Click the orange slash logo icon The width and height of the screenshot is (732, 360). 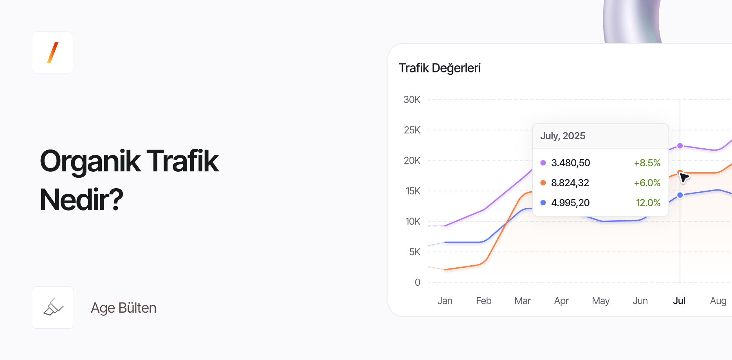(x=53, y=52)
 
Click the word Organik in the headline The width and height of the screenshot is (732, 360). (x=90, y=161)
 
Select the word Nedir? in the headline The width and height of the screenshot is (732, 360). (x=81, y=200)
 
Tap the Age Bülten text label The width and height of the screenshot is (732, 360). (x=123, y=308)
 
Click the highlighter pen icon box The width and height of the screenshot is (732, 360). (x=53, y=308)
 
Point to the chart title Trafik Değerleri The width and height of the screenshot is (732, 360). (x=439, y=68)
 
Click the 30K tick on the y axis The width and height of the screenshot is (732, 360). (x=412, y=100)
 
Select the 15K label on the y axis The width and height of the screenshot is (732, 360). (x=413, y=191)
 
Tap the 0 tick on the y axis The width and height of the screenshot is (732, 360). (x=417, y=283)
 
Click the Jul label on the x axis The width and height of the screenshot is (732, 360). (x=679, y=301)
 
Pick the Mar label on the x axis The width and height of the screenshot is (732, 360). (x=522, y=301)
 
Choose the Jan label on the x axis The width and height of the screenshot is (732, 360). (x=445, y=301)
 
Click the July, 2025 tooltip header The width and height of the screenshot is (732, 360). (x=563, y=136)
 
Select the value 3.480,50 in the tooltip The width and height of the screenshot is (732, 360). (x=570, y=163)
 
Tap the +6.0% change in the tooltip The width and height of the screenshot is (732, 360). (x=647, y=183)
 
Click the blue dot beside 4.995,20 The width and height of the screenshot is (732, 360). (x=543, y=203)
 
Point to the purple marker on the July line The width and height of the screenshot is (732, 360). (x=680, y=146)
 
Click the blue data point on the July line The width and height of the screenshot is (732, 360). (x=680, y=195)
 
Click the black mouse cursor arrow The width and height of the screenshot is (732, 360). (x=684, y=177)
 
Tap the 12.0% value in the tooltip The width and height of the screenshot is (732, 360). (x=648, y=203)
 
